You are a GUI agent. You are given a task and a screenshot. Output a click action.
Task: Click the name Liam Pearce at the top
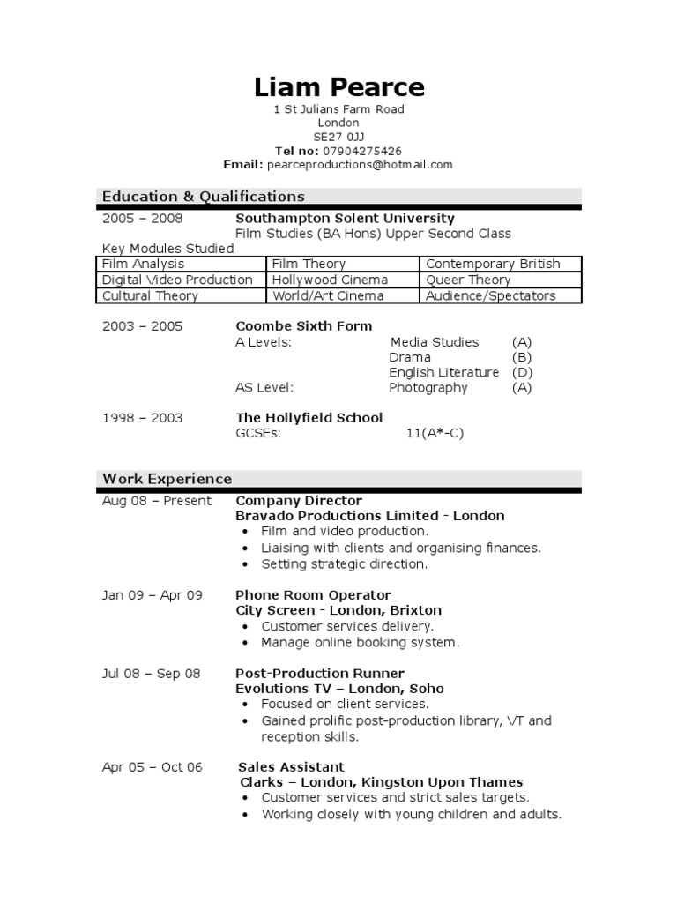(x=338, y=87)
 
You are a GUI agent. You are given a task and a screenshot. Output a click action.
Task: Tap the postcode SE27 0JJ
(x=338, y=137)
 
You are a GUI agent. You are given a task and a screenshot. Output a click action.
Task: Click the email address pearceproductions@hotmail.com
(x=360, y=165)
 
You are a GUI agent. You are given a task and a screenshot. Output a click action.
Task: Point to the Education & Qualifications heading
(x=204, y=197)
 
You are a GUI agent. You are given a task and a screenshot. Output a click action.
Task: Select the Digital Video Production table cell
(x=177, y=280)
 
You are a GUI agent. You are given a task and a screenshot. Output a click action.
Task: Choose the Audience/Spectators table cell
(x=491, y=296)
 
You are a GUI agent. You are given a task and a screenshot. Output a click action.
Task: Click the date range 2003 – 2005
(x=143, y=326)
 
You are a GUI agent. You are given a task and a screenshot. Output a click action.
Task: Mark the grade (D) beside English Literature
(x=522, y=372)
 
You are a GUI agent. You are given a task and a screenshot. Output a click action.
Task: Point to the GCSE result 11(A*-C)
(x=435, y=433)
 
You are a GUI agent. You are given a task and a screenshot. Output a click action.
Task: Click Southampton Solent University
(x=345, y=219)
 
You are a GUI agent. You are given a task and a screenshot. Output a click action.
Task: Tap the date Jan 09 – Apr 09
(x=153, y=595)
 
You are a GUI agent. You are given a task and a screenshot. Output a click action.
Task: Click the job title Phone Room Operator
(x=313, y=595)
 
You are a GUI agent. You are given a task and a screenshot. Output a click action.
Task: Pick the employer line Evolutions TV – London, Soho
(x=339, y=689)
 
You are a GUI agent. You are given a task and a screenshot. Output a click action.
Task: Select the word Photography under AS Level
(x=428, y=388)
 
